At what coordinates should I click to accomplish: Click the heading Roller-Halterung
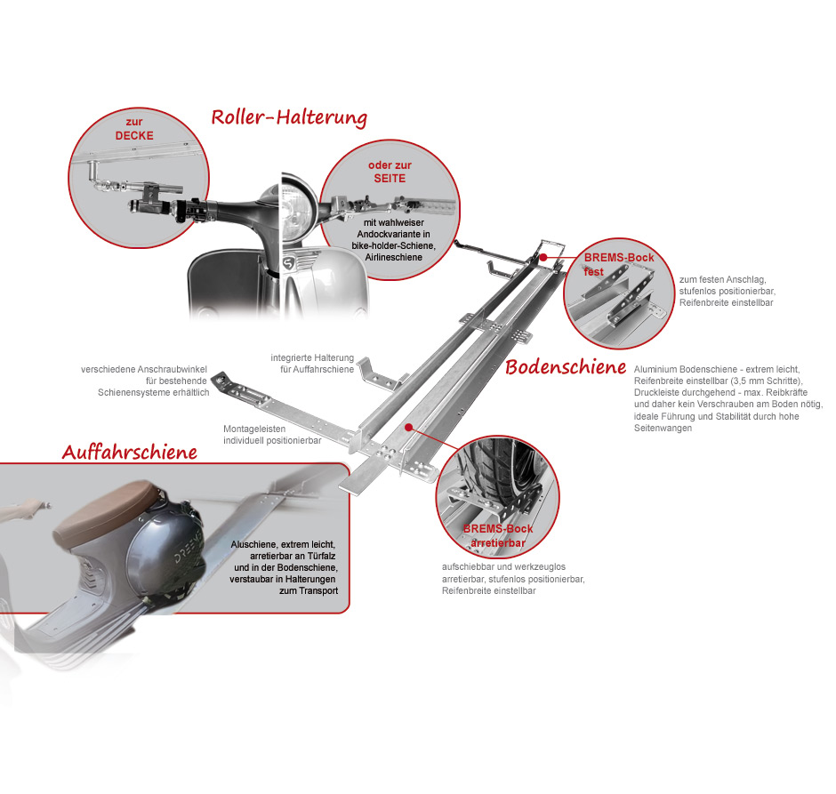coord(289,117)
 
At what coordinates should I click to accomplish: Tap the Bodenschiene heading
coord(566,366)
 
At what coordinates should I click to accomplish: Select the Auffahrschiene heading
coord(130,452)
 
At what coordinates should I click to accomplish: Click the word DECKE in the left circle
coord(134,135)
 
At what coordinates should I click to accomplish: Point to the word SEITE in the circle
coord(390,178)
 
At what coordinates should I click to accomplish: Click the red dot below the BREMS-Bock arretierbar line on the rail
coord(408,427)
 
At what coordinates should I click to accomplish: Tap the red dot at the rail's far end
coord(543,257)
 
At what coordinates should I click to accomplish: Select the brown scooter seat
coord(104,510)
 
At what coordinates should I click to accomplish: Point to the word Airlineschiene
coord(393,257)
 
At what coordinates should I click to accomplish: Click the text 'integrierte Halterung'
coord(312,357)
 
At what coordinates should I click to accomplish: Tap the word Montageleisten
coord(254,429)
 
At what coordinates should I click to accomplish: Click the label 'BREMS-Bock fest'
coord(618,264)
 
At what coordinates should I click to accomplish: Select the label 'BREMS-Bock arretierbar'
coord(498,535)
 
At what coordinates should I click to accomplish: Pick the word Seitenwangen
coord(663,428)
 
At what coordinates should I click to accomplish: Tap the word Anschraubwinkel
coord(172,369)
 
